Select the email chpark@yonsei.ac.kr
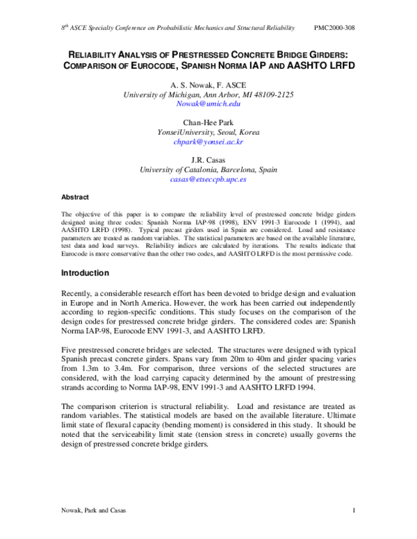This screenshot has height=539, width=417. [208, 141]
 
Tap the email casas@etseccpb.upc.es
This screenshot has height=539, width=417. [208, 179]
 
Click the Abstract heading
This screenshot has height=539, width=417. [75, 197]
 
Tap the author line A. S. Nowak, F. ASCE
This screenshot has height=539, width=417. [208, 83]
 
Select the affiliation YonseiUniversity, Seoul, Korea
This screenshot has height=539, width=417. [208, 131]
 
